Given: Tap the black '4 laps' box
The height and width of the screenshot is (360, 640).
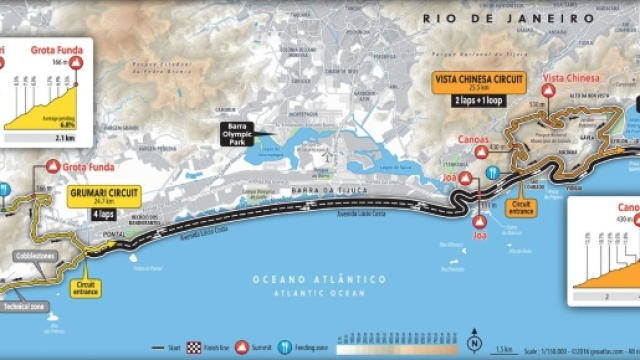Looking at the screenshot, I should point(105,212).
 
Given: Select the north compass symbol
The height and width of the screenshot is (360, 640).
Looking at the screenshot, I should point(473,346).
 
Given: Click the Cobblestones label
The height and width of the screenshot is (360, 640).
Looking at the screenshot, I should point(28,256).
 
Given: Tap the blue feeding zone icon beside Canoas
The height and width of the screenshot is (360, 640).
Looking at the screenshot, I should point(493,172).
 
